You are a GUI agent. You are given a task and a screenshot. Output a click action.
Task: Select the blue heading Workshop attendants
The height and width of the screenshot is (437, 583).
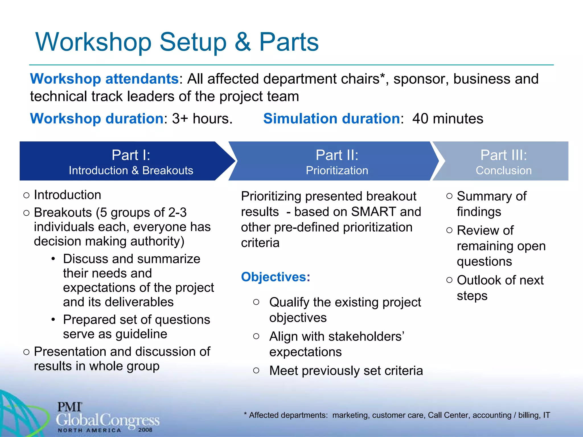(x=104, y=79)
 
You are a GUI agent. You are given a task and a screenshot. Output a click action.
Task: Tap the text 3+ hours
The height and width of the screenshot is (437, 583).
(x=202, y=119)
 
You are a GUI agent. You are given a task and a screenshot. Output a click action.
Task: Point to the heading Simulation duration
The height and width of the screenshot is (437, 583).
(x=332, y=119)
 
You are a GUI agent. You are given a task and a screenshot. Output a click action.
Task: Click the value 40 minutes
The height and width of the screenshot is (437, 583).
(x=447, y=119)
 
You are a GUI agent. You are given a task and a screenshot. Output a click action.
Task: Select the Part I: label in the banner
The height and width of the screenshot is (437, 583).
(x=131, y=155)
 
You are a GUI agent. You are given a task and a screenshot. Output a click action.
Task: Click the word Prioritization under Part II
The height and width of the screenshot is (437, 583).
(x=337, y=170)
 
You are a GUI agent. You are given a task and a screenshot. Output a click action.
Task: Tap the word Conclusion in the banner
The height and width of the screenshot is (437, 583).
(x=503, y=170)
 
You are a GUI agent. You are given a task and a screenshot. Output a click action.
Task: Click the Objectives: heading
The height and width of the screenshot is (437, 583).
(x=275, y=277)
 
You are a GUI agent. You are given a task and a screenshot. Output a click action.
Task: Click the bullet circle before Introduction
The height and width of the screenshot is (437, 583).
(x=26, y=195)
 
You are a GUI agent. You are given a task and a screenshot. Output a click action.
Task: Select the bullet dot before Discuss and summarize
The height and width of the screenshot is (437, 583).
(x=53, y=259)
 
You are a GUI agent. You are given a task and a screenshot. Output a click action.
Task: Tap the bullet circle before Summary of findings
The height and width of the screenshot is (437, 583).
(x=449, y=196)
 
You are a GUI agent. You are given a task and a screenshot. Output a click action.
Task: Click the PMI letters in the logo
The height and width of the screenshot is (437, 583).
(x=69, y=407)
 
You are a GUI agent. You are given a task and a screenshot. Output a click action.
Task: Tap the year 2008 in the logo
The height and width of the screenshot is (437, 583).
(x=145, y=430)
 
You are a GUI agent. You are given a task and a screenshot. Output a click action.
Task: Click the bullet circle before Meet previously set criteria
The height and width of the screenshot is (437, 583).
(x=256, y=370)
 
